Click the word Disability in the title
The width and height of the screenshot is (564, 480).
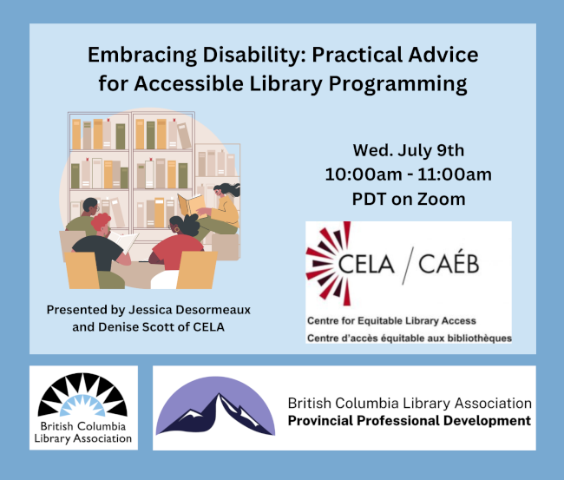coord(254,55)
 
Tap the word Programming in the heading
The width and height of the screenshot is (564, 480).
coord(397,84)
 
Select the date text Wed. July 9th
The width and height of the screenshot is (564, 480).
coord(409,150)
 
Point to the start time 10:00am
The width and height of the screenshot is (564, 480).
coord(364,174)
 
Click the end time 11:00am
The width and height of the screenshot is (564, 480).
coord(455,174)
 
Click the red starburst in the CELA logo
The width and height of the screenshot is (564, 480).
coord(328,264)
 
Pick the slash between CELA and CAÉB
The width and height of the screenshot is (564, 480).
coord(408,266)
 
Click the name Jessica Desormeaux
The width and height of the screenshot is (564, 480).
coord(189,310)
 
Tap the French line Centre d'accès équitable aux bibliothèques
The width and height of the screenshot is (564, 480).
coord(410,339)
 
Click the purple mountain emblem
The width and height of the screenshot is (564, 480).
coord(215,406)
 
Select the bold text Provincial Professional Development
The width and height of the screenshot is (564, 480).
coord(410,421)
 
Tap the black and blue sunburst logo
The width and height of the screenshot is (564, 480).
coord(82,395)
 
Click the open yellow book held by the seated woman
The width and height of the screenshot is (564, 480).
coord(192,206)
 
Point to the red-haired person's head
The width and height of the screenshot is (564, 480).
coord(101,223)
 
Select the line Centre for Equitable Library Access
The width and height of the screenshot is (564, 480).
coord(391,320)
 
